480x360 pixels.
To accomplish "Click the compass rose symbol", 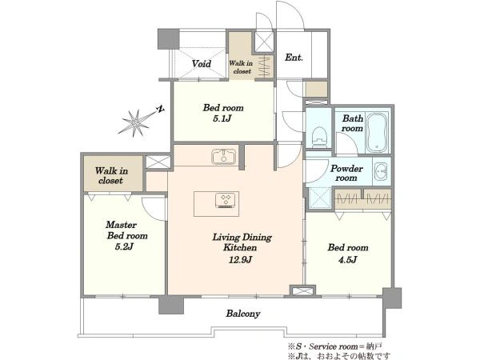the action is [135, 123].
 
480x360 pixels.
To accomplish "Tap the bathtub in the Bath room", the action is [377, 133].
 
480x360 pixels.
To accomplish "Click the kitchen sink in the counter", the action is [224, 157].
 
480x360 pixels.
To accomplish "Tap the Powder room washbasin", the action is [382, 171].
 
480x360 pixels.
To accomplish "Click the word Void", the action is [201, 64].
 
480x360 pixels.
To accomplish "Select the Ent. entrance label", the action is [294, 58].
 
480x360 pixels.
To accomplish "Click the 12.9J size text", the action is [240, 259].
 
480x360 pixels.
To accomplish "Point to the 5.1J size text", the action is [222, 118].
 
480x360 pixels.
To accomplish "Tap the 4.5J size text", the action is [347, 259].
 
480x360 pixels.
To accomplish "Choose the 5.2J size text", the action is [125, 246].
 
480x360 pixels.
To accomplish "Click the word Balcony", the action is [243, 314].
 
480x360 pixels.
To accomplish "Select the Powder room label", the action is [346, 174].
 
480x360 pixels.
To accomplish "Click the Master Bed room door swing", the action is [153, 208].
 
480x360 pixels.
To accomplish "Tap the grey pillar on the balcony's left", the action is [171, 305].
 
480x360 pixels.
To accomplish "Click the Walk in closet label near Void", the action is [242, 67].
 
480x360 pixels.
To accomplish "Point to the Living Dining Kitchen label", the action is [242, 242].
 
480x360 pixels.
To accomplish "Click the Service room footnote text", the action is [334, 347].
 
